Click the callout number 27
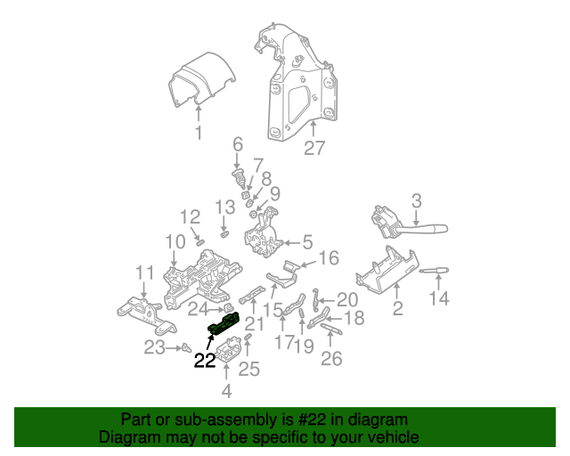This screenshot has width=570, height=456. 314,148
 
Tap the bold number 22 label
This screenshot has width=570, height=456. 205,361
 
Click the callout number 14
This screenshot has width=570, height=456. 439,299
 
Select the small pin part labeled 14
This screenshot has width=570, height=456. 435,270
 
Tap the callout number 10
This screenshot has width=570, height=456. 175,240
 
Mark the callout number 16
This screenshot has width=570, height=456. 329,258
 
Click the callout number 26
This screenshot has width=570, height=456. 330,359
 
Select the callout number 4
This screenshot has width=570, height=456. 226,390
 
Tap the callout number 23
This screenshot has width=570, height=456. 155,347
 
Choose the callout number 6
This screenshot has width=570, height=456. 238,144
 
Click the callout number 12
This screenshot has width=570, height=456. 191,216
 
